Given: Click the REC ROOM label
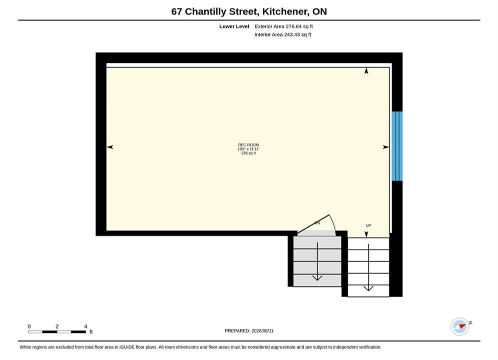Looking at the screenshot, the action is pos(248,145).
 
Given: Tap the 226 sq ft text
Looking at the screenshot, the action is pos(248,153).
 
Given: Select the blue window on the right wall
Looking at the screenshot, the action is pos(397,146).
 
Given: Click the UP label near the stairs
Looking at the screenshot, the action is pos(368,225).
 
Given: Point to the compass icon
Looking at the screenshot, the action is pos(460,326).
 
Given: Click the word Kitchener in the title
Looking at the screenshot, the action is pos(285,11).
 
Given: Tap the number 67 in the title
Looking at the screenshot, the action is pos(177,11).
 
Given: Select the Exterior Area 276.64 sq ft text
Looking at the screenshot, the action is pos(284,26).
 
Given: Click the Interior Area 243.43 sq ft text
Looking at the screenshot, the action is pos(283,34).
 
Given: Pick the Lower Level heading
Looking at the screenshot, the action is pos(234,26).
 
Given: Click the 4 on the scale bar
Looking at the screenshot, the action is pos(86,326).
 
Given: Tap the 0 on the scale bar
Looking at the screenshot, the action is pos(29,326).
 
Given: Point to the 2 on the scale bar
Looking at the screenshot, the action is pos(57,326).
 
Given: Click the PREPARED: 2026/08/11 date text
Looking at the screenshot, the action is pos(249,331).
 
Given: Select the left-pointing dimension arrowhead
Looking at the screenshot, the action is pos(110,147).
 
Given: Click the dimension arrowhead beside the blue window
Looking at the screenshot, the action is pos(386,147).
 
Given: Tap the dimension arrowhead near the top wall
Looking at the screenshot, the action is pos(366,71).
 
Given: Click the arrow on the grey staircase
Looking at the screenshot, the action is pos(317,261).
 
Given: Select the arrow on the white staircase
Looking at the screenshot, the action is pos(368,267).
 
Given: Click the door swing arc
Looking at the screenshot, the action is pos(333,223).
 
